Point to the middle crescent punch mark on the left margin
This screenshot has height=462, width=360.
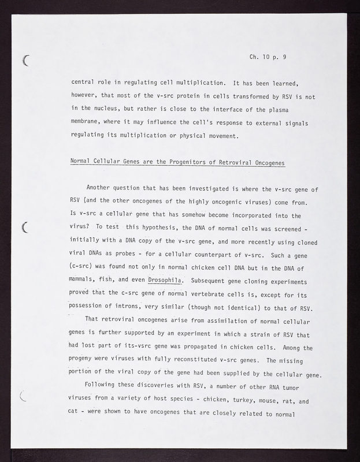25,227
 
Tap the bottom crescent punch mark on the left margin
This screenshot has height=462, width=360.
24,396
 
